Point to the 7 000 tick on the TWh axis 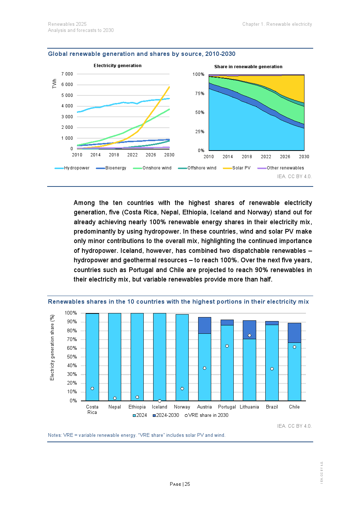(x=67, y=74)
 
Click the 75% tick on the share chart (x=200, y=94)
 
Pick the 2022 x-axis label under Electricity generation (x=132, y=155)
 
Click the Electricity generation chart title (x=118, y=66)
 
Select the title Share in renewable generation (x=248, y=67)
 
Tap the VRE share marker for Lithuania (x=249, y=336)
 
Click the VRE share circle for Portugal (x=227, y=346)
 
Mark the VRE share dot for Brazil (x=272, y=369)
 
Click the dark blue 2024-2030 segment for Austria (x=205, y=325)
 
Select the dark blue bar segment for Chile (x=294, y=333)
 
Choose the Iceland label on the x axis (x=160, y=407)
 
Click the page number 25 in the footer (x=187, y=484)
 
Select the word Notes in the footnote (x=54, y=435)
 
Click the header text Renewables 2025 (x=67, y=24)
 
